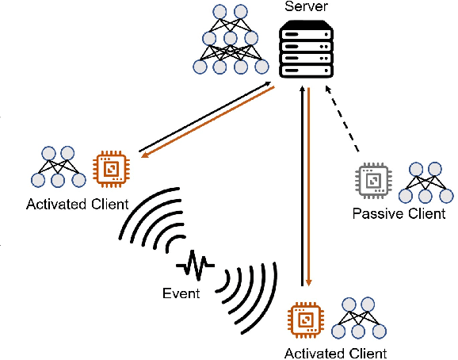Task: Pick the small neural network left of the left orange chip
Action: pos(58,167)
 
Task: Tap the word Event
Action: pos(182,293)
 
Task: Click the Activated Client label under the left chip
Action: pos(77,205)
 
